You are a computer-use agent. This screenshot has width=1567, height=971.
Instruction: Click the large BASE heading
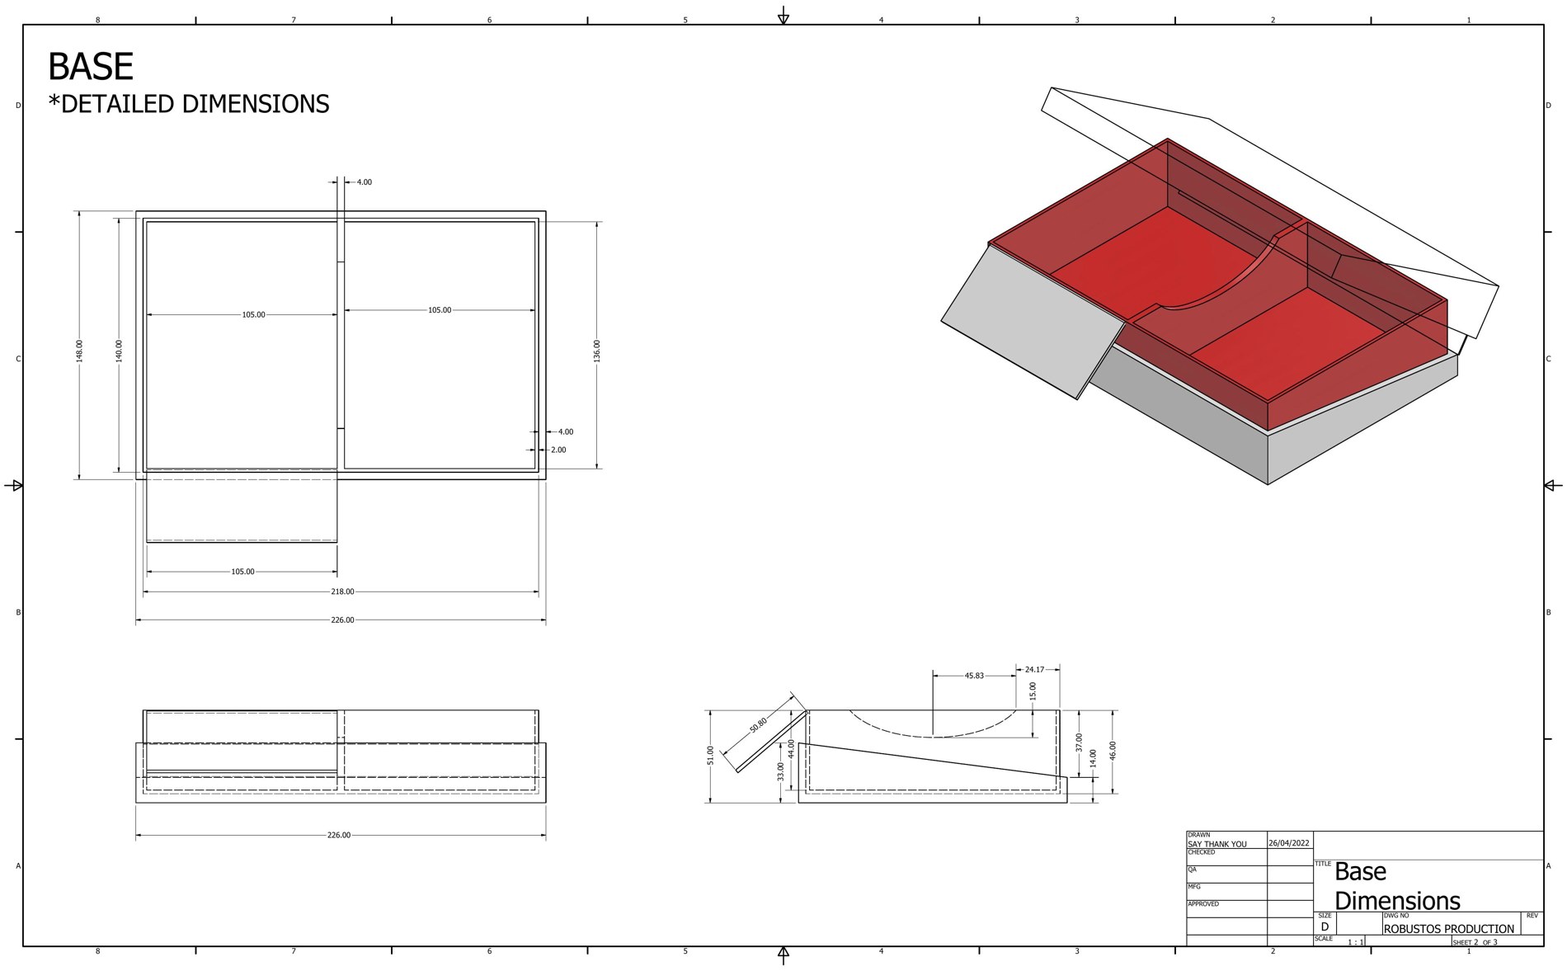91,67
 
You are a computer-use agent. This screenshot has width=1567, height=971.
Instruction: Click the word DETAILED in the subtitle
118,104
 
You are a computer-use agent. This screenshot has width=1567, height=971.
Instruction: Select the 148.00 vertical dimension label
80,351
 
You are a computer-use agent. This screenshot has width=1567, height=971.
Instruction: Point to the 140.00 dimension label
119,351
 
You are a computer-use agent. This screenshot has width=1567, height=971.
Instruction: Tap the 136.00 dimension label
597,351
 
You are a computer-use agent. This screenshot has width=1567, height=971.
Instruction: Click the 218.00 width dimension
342,592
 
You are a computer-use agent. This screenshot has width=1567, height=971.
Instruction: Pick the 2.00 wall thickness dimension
558,450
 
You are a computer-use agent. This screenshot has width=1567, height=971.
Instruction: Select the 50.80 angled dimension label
759,725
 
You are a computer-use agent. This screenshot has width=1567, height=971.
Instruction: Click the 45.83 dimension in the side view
974,676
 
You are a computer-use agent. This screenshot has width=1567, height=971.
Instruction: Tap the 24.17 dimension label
1034,669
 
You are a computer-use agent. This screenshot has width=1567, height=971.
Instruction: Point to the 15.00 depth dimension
1033,691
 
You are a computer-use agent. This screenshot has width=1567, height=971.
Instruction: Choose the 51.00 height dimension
711,755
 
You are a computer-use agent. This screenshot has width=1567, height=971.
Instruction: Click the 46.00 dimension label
1113,751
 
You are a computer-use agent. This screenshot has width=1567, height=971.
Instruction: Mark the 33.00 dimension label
781,771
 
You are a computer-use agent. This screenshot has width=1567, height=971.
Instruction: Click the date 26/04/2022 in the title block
1289,843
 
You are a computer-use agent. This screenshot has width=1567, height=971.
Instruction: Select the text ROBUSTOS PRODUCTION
1449,929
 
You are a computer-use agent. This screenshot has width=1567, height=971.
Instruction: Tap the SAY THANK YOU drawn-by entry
1217,844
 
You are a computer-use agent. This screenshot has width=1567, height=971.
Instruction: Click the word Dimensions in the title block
1397,900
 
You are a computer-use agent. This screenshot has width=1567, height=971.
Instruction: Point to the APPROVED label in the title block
1204,904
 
